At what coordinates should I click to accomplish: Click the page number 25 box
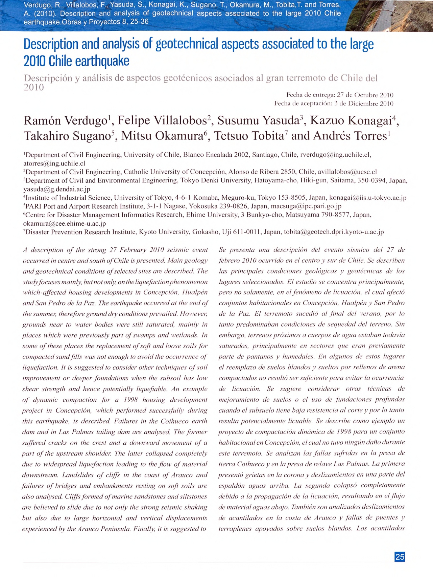click(400, 557)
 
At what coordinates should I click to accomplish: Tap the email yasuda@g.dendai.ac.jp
click(57, 189)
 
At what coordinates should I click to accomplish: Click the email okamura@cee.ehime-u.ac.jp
click(64, 223)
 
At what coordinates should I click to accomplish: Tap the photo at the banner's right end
click(389, 15)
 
